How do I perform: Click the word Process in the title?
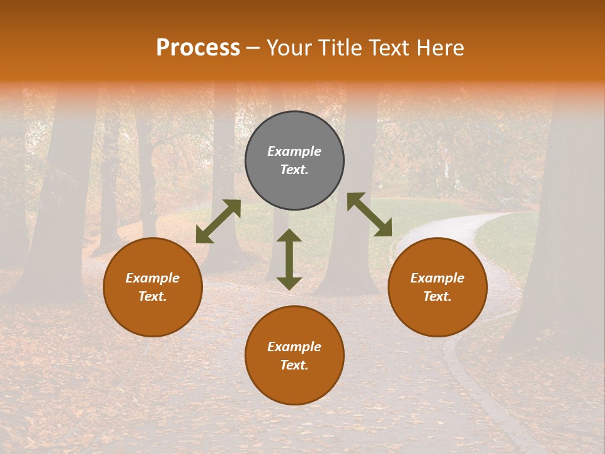(x=198, y=48)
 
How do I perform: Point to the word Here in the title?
(x=441, y=48)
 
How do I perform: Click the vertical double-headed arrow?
(x=289, y=259)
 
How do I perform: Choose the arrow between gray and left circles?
(x=218, y=221)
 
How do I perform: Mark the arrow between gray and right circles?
(x=369, y=214)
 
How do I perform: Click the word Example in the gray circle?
(x=294, y=151)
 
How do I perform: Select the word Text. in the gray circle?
(x=294, y=170)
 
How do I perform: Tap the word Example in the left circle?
(x=153, y=278)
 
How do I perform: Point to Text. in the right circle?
(x=437, y=296)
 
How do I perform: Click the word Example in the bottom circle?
(x=294, y=347)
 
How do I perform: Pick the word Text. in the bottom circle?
(x=294, y=365)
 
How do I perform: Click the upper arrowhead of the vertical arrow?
(x=289, y=236)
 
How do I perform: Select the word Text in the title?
(x=387, y=48)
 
